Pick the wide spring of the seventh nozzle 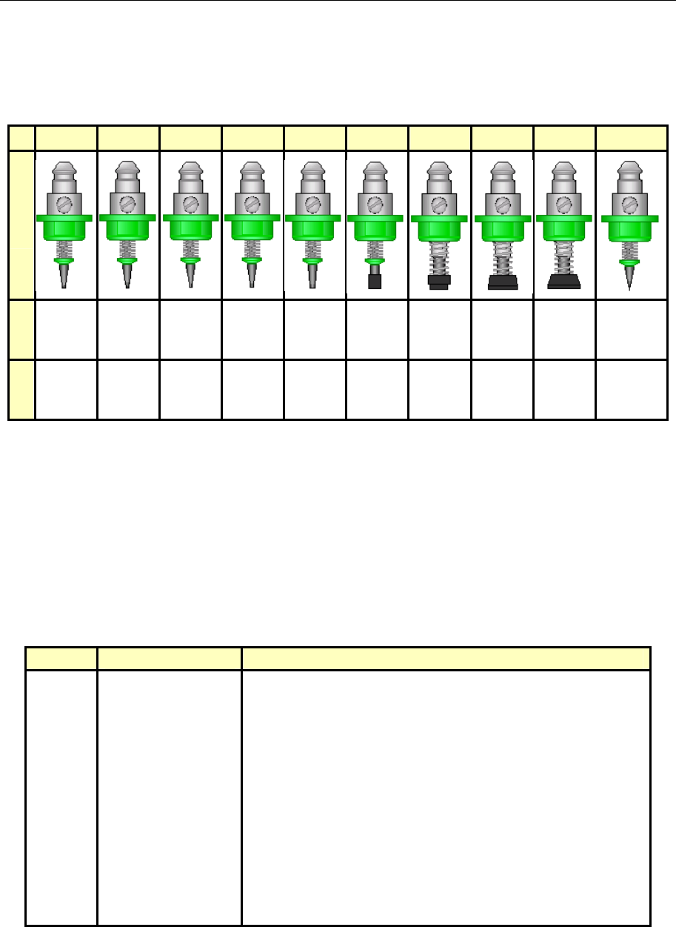(439, 260)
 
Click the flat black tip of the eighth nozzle (502, 282)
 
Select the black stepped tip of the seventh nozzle (439, 282)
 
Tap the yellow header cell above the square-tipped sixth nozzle (377, 138)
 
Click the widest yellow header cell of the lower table (446, 659)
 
